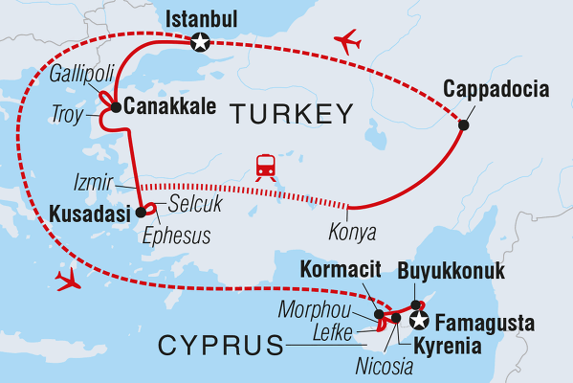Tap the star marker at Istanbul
point(200,41)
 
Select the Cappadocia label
point(496,91)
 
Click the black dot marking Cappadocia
point(464,124)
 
